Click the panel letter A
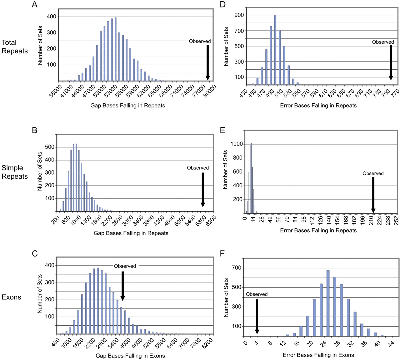(x=35, y=5)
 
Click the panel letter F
(x=222, y=253)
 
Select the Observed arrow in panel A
(x=207, y=62)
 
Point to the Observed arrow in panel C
(x=122, y=286)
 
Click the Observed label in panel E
(x=373, y=173)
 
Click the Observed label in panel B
(x=198, y=168)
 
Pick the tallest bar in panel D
(x=275, y=50)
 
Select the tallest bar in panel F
(x=328, y=303)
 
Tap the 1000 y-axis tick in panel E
(x=237, y=144)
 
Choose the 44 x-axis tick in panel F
(x=391, y=343)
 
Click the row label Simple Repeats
(x=15, y=172)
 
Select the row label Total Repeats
(x=15, y=47)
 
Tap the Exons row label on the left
(x=12, y=297)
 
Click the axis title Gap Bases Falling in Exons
(x=130, y=356)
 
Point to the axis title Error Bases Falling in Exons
(x=318, y=355)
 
